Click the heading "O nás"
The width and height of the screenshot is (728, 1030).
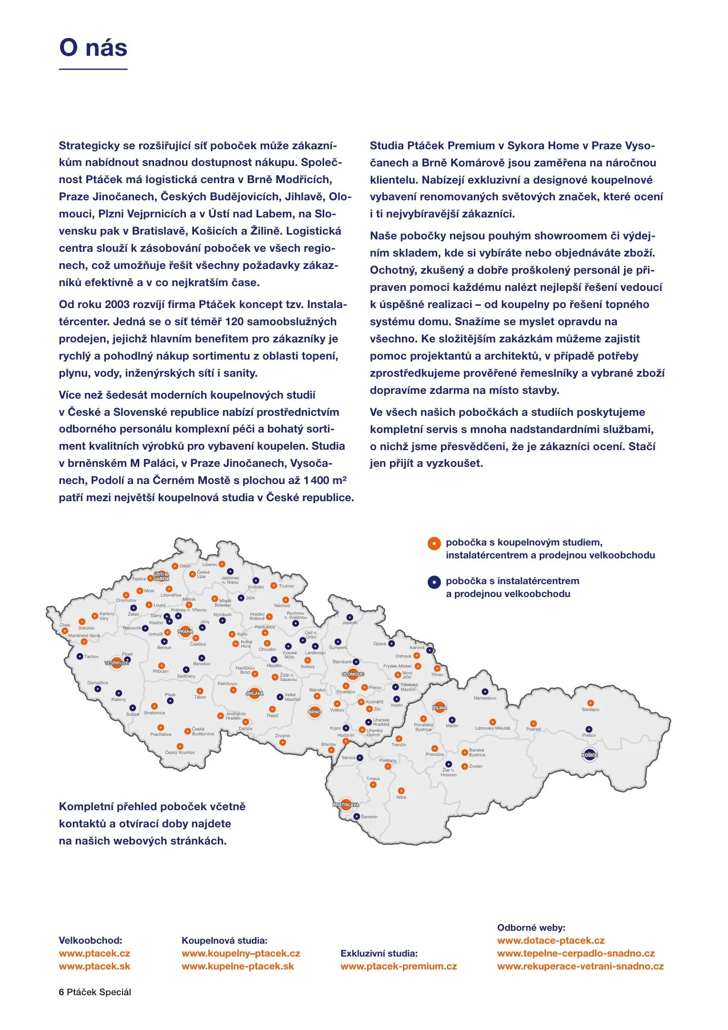click(x=93, y=48)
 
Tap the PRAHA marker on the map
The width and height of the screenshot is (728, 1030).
click(x=185, y=631)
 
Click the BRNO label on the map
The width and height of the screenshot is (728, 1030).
click(x=315, y=712)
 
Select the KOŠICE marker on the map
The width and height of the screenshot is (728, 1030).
click(x=590, y=755)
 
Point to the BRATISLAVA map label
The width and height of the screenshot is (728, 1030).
click(x=346, y=804)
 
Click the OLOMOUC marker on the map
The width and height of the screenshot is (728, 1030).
click(x=353, y=674)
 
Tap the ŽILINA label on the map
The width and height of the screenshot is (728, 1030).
click(x=440, y=708)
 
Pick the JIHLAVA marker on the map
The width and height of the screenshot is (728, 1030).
click(x=255, y=693)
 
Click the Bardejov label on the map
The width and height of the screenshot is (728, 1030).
click(x=591, y=710)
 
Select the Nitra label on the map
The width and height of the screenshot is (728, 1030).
click(x=401, y=797)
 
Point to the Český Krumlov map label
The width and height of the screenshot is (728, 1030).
click(x=180, y=752)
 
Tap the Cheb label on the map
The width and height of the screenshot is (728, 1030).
click(x=65, y=625)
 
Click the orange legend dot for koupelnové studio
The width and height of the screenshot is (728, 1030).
click(x=434, y=544)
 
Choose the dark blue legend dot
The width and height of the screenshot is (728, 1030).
click(x=434, y=582)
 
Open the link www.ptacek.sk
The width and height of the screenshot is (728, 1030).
click(x=94, y=966)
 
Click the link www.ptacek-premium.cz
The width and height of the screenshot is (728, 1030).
click(x=399, y=966)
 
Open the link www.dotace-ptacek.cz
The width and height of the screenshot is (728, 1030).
click(x=551, y=940)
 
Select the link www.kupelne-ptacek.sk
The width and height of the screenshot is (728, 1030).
click(x=238, y=966)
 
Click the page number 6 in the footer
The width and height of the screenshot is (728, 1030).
click(x=62, y=992)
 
